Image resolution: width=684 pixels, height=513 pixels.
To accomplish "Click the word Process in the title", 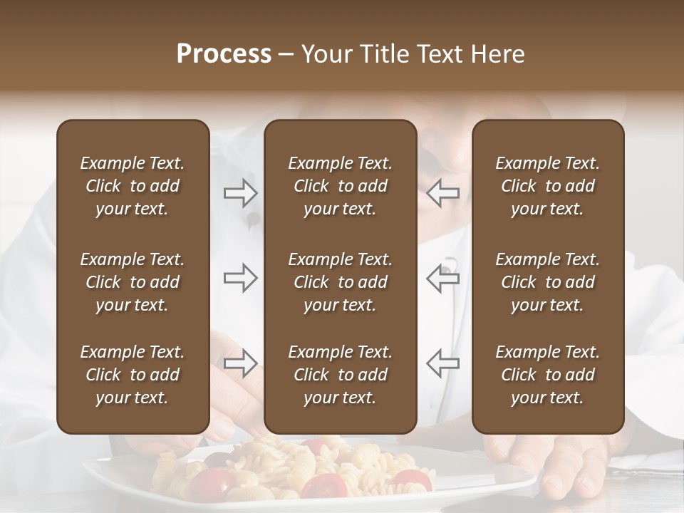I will click(x=224, y=54).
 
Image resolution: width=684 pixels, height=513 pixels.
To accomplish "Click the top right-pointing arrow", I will click(x=240, y=193).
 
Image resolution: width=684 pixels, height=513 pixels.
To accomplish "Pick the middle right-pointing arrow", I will click(x=240, y=277).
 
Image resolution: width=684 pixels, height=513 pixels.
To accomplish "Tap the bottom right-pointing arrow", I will click(x=240, y=363).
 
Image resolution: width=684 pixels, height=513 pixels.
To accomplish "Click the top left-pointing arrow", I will click(x=442, y=193).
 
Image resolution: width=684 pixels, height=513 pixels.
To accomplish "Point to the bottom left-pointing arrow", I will click(x=442, y=363).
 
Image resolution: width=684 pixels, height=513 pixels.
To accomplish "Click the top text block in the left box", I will click(x=133, y=186).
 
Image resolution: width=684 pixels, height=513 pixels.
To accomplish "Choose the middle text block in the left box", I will click(x=133, y=282).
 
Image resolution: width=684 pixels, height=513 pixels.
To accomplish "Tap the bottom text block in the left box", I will click(x=133, y=375).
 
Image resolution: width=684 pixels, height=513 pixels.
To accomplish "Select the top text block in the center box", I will click(x=340, y=186).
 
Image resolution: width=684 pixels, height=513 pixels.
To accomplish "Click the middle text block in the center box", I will click(x=340, y=282).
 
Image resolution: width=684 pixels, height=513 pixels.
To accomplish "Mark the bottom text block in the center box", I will click(x=340, y=375).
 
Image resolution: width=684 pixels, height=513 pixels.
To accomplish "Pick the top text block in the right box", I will click(x=547, y=186).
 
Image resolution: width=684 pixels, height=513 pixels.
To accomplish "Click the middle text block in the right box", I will click(x=547, y=282).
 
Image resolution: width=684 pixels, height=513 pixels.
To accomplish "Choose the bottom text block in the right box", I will click(x=547, y=375).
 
